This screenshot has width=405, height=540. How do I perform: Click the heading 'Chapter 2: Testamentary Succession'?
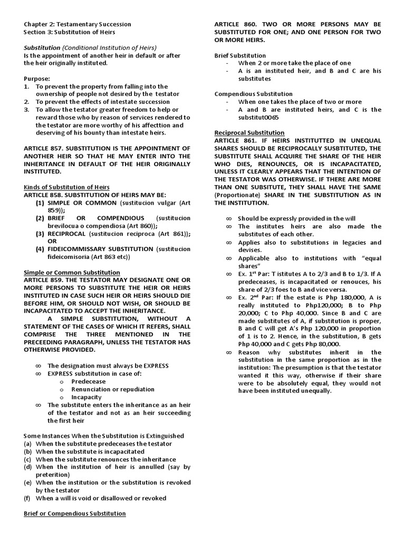[78, 24]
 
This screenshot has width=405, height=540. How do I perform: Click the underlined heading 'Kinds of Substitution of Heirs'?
[66, 187]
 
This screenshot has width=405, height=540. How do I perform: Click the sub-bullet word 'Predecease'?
[88, 381]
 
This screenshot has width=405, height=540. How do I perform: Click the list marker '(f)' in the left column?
[27, 498]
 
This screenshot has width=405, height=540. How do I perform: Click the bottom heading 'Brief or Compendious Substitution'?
[75, 513]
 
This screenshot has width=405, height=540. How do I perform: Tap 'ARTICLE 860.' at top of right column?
[236, 24]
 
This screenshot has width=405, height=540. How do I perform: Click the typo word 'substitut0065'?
[258, 118]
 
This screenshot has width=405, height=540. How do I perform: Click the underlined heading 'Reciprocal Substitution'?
[249, 133]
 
